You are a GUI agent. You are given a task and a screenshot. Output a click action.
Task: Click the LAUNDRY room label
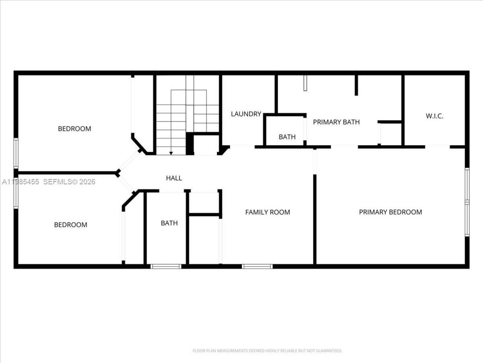click(246, 114)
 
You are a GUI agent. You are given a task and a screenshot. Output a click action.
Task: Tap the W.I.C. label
click(434, 116)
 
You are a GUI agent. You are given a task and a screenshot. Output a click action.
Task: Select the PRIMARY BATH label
click(336, 122)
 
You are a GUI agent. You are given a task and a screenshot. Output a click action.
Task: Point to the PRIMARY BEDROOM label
click(390, 212)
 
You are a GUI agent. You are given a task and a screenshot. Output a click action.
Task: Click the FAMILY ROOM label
click(268, 212)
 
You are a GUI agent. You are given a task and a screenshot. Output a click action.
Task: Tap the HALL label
click(174, 178)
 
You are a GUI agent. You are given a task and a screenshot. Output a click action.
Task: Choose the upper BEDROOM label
click(74, 129)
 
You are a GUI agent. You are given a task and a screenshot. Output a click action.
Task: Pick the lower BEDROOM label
click(71, 225)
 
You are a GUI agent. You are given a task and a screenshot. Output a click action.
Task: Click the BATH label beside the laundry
click(287, 137)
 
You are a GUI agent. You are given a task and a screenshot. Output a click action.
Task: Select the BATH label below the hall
click(169, 223)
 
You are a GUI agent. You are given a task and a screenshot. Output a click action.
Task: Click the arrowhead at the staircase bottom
click(171, 153)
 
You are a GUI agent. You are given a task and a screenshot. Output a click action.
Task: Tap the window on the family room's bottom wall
click(257, 267)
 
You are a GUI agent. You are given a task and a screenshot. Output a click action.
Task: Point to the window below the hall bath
click(166, 267)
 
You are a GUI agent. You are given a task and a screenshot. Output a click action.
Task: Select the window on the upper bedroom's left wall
click(16, 153)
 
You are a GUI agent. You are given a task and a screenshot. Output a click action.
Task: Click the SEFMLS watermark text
click(69, 182)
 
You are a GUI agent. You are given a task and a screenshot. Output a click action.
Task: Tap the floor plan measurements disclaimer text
click(267, 351)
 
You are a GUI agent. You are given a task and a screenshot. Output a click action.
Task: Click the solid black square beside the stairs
click(190, 144)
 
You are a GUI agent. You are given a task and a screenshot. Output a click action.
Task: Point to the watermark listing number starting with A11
click(21, 182)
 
